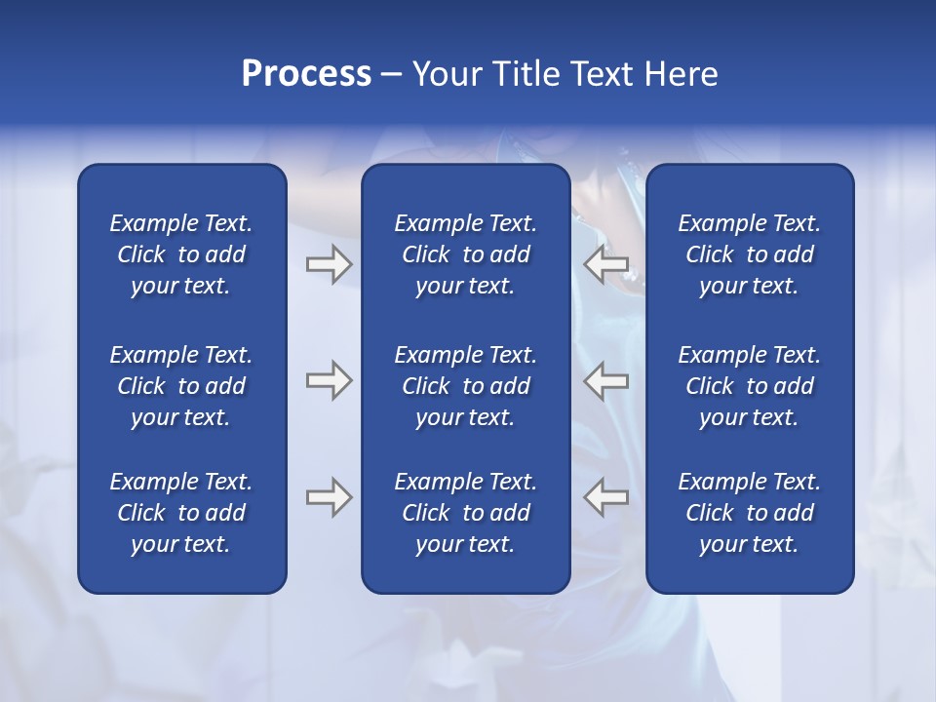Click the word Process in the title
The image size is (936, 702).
click(306, 74)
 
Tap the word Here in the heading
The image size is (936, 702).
click(681, 74)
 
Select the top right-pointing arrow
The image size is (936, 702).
click(329, 265)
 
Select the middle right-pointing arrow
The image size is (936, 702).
click(329, 380)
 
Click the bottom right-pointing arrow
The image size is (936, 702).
click(329, 497)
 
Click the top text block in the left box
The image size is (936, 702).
click(181, 254)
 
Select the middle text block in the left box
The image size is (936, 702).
click(181, 386)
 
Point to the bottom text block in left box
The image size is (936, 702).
click(181, 513)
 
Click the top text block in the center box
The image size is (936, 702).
click(465, 254)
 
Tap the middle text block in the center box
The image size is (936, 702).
click(465, 386)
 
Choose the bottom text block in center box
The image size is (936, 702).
click(465, 513)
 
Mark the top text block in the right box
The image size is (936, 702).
click(749, 254)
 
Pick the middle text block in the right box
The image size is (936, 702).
click(749, 386)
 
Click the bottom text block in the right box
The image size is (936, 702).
click(749, 513)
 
